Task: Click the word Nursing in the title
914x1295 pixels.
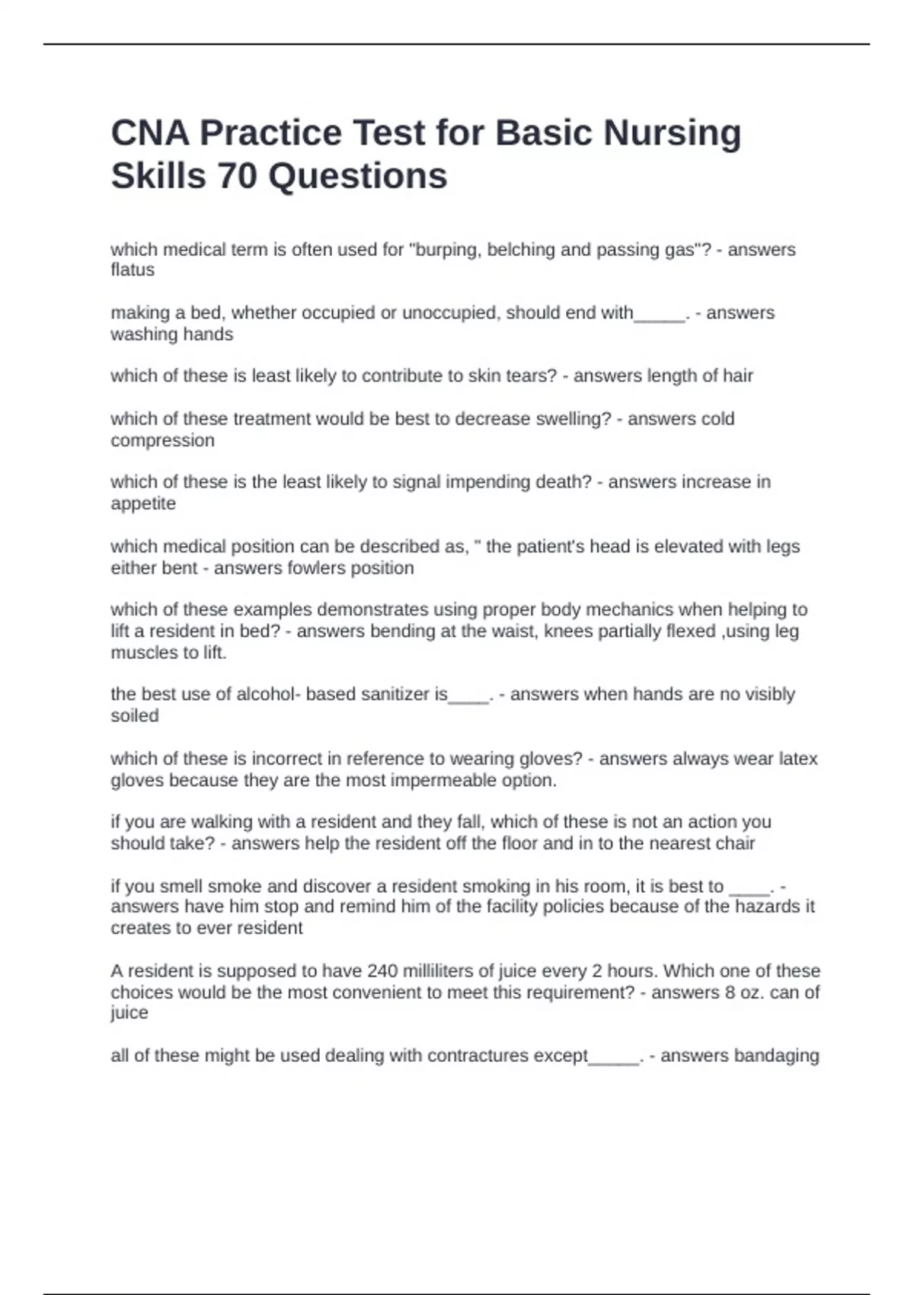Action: tap(672, 133)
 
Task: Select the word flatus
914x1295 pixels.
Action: tap(133, 270)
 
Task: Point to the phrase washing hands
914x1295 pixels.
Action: tap(172, 334)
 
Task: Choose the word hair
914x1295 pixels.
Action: tap(737, 376)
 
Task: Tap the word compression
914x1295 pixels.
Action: tap(162, 440)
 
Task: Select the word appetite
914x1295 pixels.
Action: tap(143, 504)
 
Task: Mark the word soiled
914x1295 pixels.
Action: tap(135, 716)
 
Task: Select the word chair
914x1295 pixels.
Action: tap(735, 843)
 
